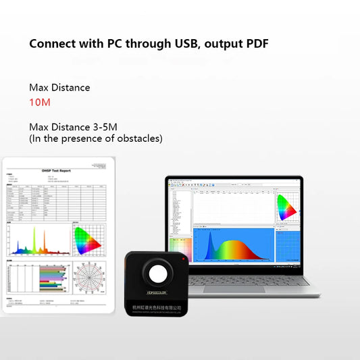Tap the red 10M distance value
coord(40,102)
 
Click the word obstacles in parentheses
coord(137,138)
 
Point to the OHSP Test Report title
coord(56,171)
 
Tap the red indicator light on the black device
coord(183,259)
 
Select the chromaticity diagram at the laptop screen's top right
coord(286,208)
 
